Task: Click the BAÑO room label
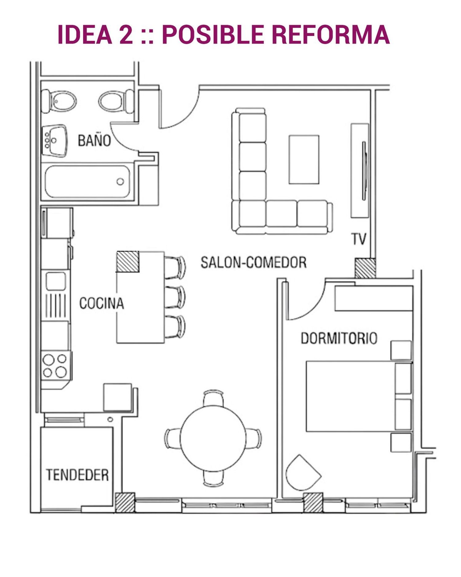pyautogui.click(x=94, y=140)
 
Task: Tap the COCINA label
pyautogui.click(x=102, y=303)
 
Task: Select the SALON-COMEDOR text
pyautogui.click(x=254, y=262)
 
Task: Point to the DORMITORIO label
pyautogui.click(x=339, y=338)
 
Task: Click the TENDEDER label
pyautogui.click(x=77, y=475)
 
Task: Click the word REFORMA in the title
pyautogui.click(x=331, y=34)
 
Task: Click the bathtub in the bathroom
pyautogui.click(x=87, y=182)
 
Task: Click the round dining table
pyautogui.click(x=213, y=438)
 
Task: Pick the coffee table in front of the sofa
pyautogui.click(x=304, y=159)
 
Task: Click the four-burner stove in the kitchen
pyautogui.click(x=56, y=366)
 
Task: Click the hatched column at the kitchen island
pyautogui.click(x=128, y=262)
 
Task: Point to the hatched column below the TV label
pyautogui.click(x=365, y=268)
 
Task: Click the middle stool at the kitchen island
pyautogui.click(x=175, y=297)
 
